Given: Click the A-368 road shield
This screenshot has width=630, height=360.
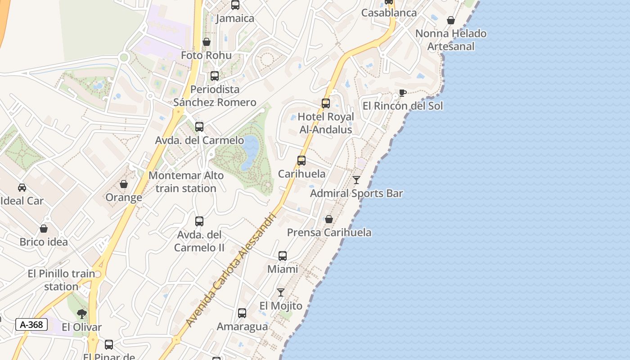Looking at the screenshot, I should (x=31, y=324).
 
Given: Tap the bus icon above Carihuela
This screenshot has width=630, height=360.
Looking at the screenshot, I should (x=301, y=160).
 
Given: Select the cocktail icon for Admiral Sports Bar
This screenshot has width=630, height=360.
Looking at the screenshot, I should (x=356, y=180).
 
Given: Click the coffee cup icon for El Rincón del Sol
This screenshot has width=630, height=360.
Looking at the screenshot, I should (x=403, y=93).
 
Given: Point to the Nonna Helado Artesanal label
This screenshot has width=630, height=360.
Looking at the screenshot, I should (x=450, y=40).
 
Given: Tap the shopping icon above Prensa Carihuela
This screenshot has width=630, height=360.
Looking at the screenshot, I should (x=329, y=219).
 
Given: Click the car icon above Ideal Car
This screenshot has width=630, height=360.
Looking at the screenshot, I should (x=22, y=187).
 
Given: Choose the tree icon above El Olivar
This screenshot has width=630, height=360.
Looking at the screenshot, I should (x=81, y=314).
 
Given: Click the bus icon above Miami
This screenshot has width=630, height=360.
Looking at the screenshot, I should (x=283, y=256).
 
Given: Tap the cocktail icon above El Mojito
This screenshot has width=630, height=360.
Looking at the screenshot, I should (x=281, y=292).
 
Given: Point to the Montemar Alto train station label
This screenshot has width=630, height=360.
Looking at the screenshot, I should (x=186, y=182).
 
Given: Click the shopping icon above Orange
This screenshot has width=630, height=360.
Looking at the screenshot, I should (x=124, y=184).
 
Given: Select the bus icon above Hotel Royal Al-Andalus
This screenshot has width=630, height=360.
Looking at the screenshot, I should (x=326, y=103).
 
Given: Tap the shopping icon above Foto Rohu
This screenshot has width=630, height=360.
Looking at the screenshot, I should (x=207, y=42).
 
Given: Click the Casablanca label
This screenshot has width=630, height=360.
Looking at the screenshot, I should (x=389, y=13).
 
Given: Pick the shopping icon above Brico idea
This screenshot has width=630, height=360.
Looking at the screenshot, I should (x=44, y=229).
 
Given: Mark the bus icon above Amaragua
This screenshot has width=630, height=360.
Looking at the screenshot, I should (x=242, y=313).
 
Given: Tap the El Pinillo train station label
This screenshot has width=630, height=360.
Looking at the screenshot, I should (x=61, y=280).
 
